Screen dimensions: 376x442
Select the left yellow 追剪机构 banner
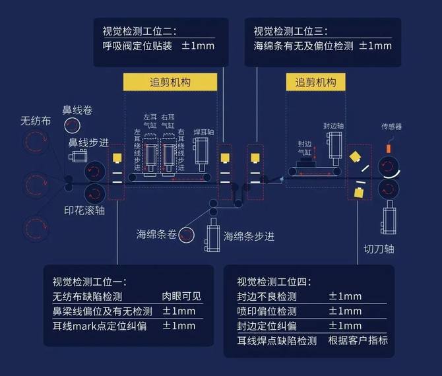click(170, 82)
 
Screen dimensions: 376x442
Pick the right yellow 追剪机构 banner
click(315, 82)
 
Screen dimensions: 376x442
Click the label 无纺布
click(36, 121)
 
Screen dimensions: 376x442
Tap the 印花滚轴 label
click(84, 210)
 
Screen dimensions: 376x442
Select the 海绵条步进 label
click(249, 235)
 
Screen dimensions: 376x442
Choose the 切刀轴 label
click(379, 249)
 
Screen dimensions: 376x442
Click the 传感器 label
click(391, 127)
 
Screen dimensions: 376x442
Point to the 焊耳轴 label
click(204, 132)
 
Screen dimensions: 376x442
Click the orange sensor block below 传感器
click(389, 148)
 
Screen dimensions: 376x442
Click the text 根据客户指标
click(358, 340)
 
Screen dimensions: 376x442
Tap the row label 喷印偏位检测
click(267, 311)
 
